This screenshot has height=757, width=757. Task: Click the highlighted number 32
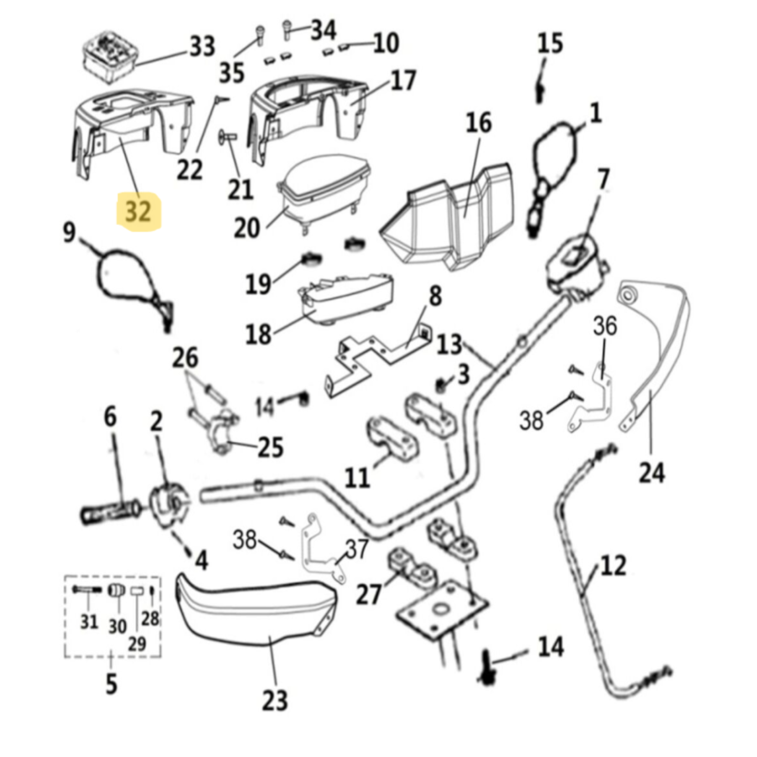(138, 211)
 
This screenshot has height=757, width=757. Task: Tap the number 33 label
(202, 47)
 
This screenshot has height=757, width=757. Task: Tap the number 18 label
(258, 334)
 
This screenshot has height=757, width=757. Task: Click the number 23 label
(275, 700)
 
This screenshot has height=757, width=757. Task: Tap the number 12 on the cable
(613, 565)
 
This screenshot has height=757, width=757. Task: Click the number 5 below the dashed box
(111, 684)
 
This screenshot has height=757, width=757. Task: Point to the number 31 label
(89, 621)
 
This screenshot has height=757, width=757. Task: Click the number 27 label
(368, 594)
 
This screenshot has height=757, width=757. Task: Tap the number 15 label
(550, 43)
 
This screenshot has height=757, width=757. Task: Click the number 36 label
(605, 326)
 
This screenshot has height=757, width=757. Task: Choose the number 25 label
(271, 447)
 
